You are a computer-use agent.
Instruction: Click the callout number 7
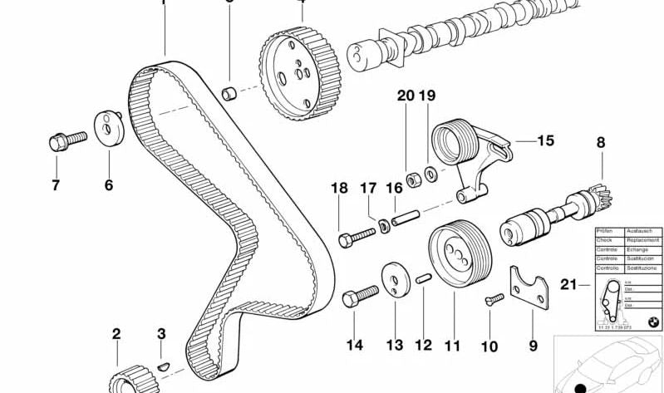[56, 185]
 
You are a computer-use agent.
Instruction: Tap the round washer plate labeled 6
[107, 130]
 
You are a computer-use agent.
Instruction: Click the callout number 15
[544, 141]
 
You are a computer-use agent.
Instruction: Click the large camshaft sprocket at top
[299, 71]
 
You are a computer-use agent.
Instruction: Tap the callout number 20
[405, 96]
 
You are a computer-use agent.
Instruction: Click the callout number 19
[426, 96]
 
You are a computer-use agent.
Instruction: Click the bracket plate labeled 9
[530, 292]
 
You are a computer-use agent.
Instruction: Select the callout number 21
[568, 284]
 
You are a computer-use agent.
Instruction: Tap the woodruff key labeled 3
[163, 363]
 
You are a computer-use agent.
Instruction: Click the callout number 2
[116, 334]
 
